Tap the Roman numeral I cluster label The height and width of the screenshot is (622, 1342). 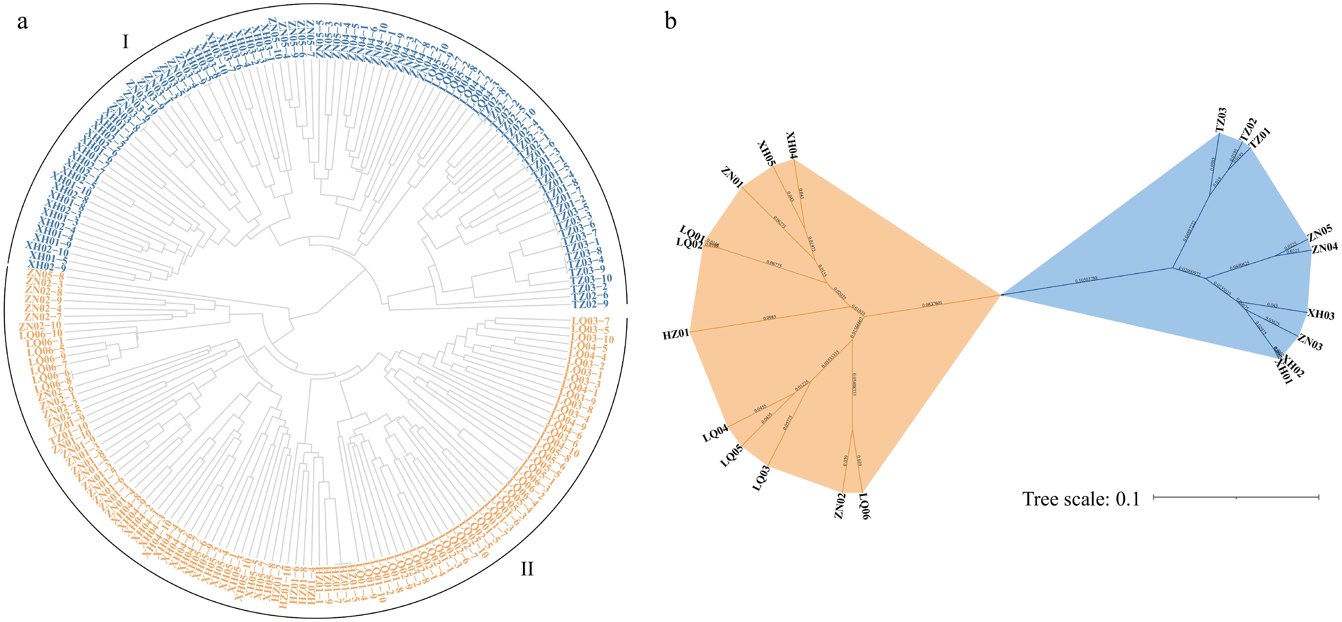click(125, 42)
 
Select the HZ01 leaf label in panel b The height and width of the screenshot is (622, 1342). click(676, 334)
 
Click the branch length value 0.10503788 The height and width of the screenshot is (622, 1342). click(1086, 279)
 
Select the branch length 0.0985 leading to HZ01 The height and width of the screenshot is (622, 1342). click(770, 317)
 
